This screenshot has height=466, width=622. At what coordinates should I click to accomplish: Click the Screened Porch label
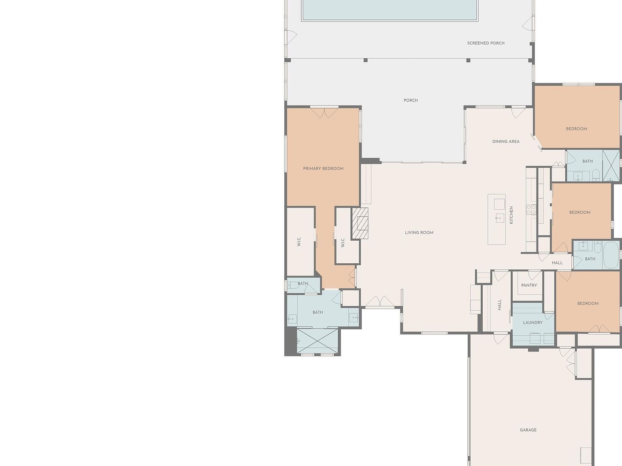click(x=486, y=43)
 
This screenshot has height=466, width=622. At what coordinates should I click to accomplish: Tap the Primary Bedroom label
click(x=323, y=169)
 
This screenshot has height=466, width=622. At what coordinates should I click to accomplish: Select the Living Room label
click(x=419, y=233)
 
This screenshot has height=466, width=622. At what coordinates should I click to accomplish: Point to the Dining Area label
click(x=506, y=142)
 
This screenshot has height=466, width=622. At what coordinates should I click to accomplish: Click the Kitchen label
click(x=511, y=215)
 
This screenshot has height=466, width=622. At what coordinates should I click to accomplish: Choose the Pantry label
click(x=529, y=285)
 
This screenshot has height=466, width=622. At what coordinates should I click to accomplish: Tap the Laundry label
click(x=533, y=322)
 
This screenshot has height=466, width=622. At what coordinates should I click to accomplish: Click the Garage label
click(x=528, y=430)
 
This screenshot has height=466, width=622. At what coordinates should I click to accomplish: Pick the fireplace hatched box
click(x=360, y=223)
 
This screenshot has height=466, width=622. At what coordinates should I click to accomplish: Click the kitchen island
click(x=496, y=219)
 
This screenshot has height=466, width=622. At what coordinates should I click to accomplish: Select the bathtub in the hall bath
click(x=611, y=255)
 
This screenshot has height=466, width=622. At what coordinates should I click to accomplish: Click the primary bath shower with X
click(x=317, y=341)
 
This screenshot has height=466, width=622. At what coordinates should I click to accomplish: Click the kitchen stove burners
click(x=531, y=210)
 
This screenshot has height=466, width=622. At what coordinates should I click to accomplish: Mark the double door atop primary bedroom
click(x=324, y=112)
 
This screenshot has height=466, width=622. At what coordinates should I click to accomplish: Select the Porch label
click(x=411, y=100)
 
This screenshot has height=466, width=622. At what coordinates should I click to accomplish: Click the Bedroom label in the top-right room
click(x=576, y=129)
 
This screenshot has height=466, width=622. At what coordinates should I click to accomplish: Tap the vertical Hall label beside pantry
click(x=499, y=305)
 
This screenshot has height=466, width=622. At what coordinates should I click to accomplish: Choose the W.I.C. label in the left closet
click(x=299, y=242)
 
